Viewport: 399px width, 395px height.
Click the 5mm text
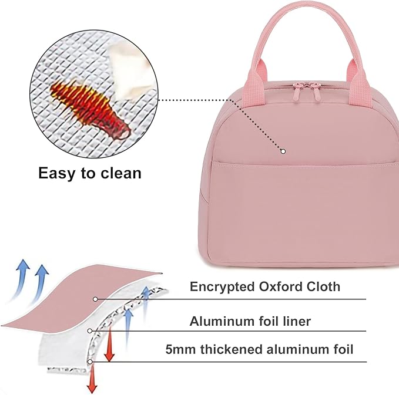(x=180, y=349)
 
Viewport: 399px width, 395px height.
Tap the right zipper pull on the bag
(x=316, y=93)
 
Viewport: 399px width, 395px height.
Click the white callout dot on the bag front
(x=283, y=151)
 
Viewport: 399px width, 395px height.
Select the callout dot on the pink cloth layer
(x=95, y=299)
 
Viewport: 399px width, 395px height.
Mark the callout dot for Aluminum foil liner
(x=89, y=331)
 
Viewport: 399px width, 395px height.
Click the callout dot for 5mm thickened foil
(x=89, y=362)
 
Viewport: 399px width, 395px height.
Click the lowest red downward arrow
(x=92, y=379)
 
